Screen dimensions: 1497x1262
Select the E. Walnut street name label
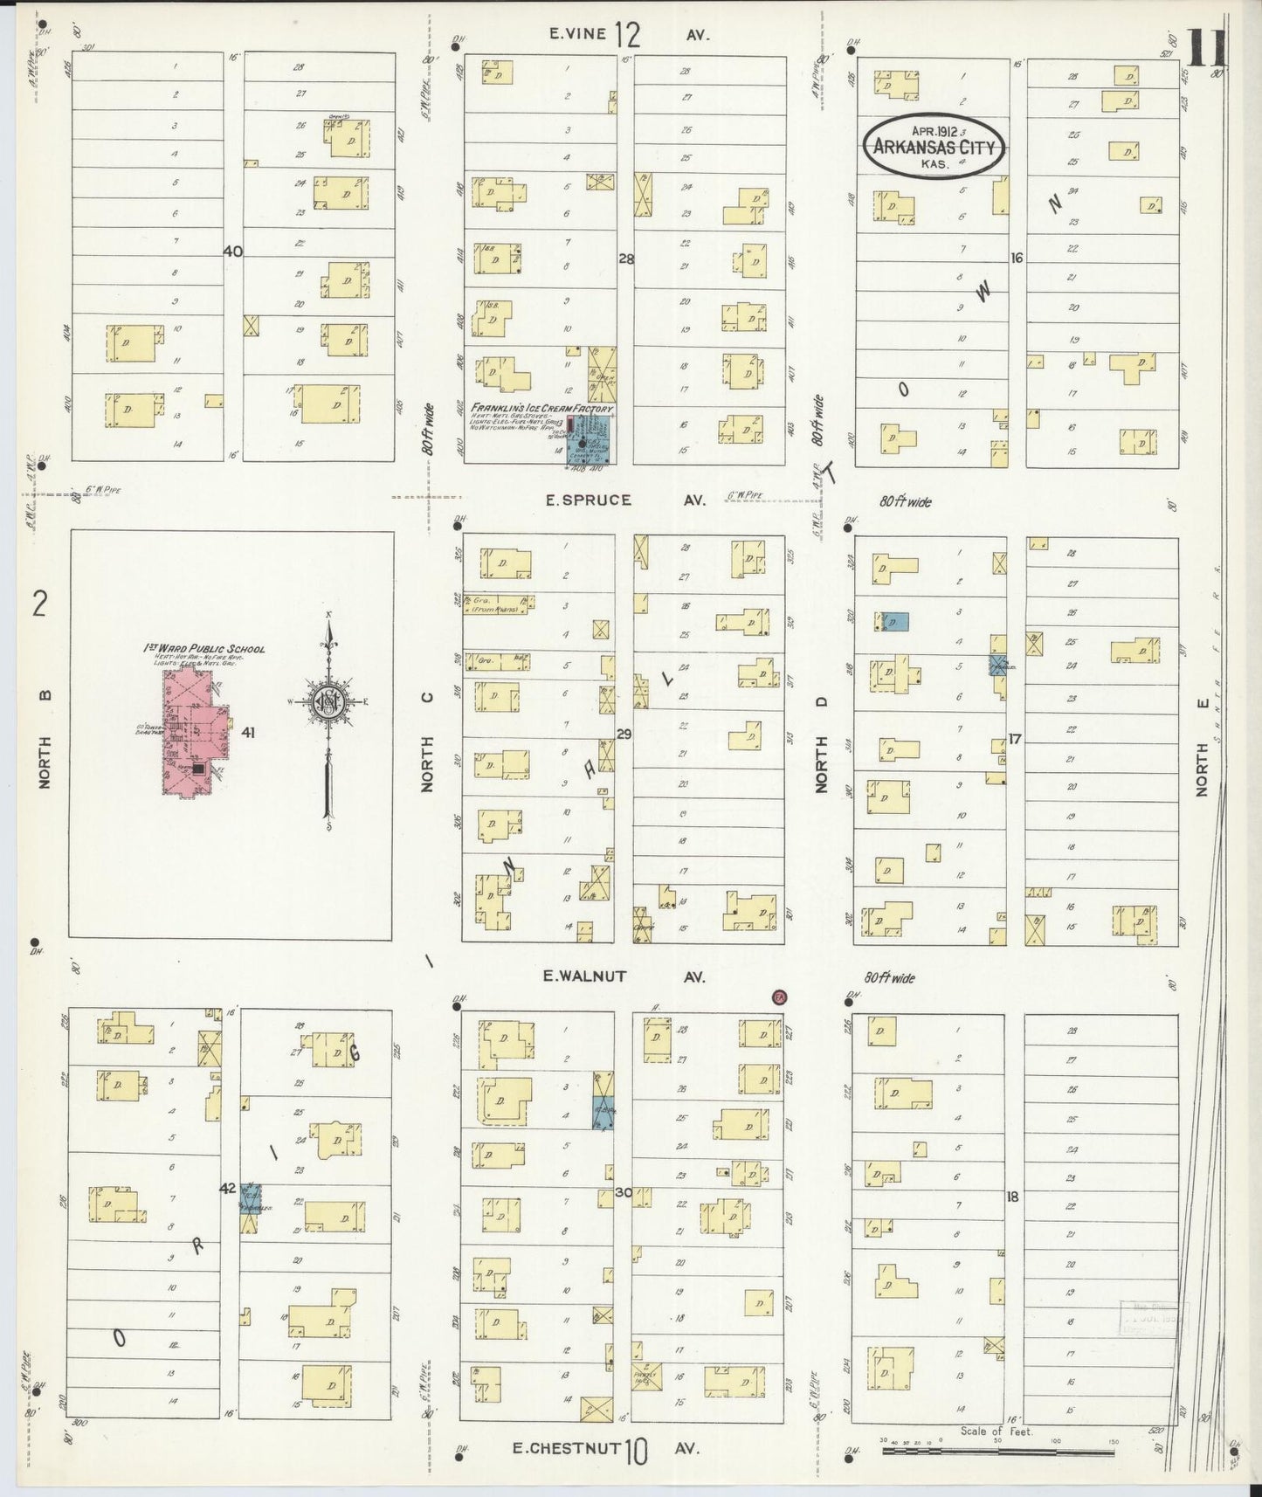point(584,976)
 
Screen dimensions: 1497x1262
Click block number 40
point(232,252)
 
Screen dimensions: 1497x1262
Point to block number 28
point(625,259)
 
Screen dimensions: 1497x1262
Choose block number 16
point(1016,258)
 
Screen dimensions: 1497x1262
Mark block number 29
point(624,735)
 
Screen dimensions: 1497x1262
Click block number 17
point(1014,739)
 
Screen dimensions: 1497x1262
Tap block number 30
point(624,1192)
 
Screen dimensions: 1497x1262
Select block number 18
point(1012,1197)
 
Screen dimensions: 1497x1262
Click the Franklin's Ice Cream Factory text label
point(541,408)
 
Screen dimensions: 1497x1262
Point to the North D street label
point(821,745)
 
